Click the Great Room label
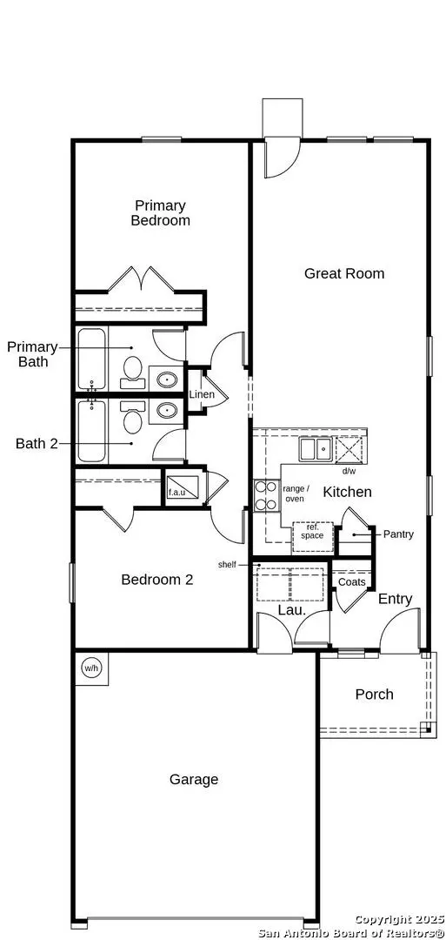tap(343, 273)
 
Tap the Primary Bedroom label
tap(160, 213)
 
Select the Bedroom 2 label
tap(156, 580)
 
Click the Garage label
tap(194, 780)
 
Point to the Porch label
tap(374, 695)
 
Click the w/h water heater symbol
tap(91, 668)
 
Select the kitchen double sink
tap(315, 449)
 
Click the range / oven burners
tap(264, 494)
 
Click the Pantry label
tap(397, 534)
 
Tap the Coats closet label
tap(352, 581)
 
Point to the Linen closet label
tap(202, 395)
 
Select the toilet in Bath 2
tap(132, 420)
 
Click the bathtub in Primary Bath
tap(91, 359)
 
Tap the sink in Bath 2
tap(166, 410)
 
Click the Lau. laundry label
tap(290, 610)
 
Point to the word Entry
tap(395, 599)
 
